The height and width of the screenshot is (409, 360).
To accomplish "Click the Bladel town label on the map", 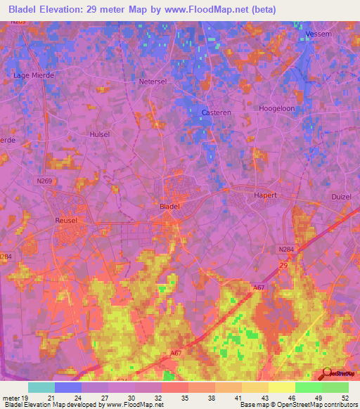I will (x=169, y=207).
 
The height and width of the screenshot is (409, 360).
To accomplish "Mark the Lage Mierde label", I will (x=34, y=74).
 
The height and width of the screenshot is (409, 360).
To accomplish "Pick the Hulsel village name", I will (x=101, y=134).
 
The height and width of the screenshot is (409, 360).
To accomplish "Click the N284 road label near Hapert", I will (x=286, y=249).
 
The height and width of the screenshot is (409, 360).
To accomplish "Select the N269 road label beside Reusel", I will (x=44, y=181).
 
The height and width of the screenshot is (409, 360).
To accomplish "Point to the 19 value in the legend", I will (x=26, y=398).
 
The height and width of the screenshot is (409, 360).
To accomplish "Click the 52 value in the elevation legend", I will (x=345, y=398).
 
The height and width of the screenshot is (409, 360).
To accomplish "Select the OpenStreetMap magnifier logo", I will (x=326, y=374).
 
